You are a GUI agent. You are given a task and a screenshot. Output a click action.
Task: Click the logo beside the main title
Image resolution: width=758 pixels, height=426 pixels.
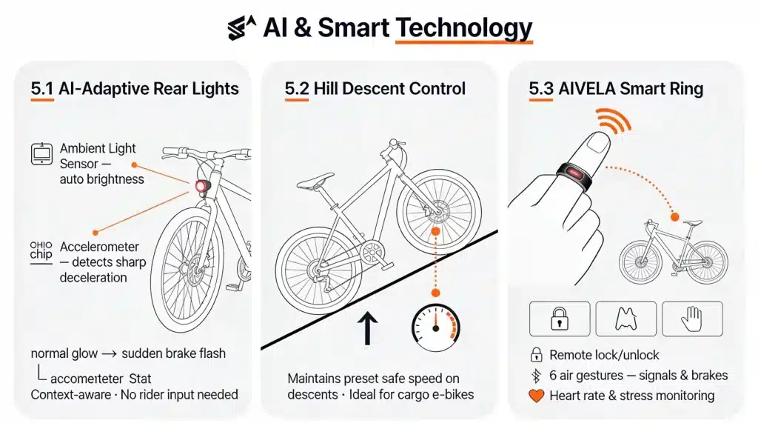(x=241, y=27)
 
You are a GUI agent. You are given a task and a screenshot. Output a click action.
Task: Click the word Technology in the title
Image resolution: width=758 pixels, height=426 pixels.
(x=463, y=27)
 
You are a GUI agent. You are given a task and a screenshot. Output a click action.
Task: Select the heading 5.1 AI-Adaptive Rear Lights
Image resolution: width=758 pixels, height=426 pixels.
(x=135, y=89)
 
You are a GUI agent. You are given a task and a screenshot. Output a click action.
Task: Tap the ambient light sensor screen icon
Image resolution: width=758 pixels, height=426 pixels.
(x=41, y=154)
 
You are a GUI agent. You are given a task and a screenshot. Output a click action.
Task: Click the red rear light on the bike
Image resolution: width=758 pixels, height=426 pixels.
(x=201, y=186)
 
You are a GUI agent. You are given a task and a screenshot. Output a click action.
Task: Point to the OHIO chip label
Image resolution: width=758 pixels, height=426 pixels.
(x=41, y=250)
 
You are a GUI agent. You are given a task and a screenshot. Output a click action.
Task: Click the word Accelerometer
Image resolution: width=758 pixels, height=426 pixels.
(x=99, y=247)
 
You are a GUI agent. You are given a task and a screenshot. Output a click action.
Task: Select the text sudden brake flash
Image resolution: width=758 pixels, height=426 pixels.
(x=173, y=353)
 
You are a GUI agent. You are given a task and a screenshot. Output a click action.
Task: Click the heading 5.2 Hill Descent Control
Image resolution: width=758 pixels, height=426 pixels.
(x=375, y=89)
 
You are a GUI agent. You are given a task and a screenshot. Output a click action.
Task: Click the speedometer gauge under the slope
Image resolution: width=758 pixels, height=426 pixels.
(x=435, y=327)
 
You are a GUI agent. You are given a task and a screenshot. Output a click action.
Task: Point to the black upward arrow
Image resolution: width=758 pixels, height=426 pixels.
(x=367, y=328)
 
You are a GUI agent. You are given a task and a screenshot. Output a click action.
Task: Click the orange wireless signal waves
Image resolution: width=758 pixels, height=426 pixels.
(x=614, y=121)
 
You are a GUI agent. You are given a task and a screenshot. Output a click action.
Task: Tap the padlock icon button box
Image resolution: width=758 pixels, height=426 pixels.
(x=560, y=319)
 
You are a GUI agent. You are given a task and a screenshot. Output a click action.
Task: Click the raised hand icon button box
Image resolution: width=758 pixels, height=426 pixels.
(x=692, y=319)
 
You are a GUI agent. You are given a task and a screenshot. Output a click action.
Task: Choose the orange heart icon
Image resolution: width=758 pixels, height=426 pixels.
(x=536, y=396)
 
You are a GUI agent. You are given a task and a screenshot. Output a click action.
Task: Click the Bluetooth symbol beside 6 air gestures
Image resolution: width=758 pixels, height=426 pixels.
(x=536, y=376)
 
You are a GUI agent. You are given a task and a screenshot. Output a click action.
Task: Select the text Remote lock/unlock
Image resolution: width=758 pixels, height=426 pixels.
(x=604, y=355)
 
